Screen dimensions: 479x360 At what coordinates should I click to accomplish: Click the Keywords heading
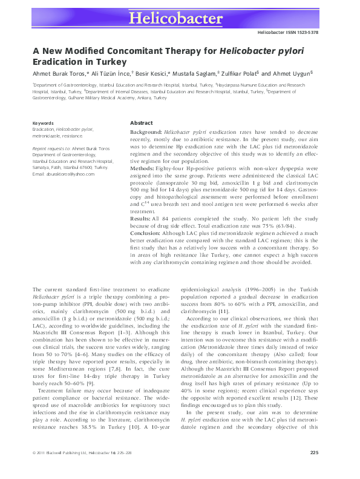(43, 123)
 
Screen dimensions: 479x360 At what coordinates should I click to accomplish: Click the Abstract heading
(142, 122)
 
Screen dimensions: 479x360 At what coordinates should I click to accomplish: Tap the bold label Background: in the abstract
(146, 131)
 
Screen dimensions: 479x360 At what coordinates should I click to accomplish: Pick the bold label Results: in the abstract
(142, 217)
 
